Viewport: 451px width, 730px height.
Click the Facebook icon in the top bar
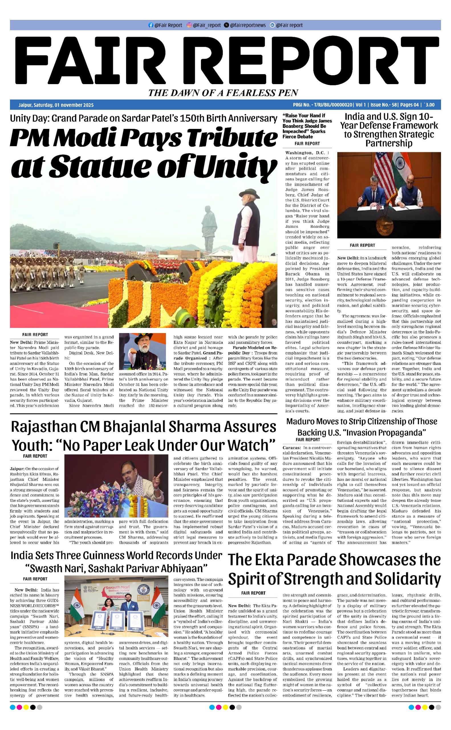point(151,25)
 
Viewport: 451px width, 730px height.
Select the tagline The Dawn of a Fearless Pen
point(223,93)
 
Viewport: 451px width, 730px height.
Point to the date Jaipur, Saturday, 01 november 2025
point(56,105)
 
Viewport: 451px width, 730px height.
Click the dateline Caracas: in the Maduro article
point(292,448)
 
